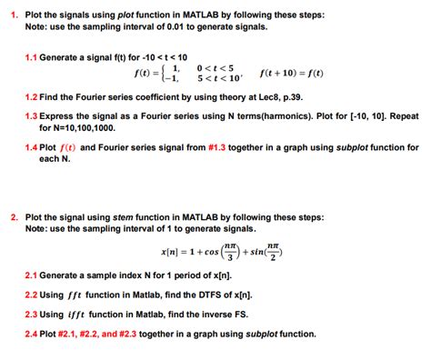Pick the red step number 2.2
32,295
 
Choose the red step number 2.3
32,314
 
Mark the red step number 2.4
32,334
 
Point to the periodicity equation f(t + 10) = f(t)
291,73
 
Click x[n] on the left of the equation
171,253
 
